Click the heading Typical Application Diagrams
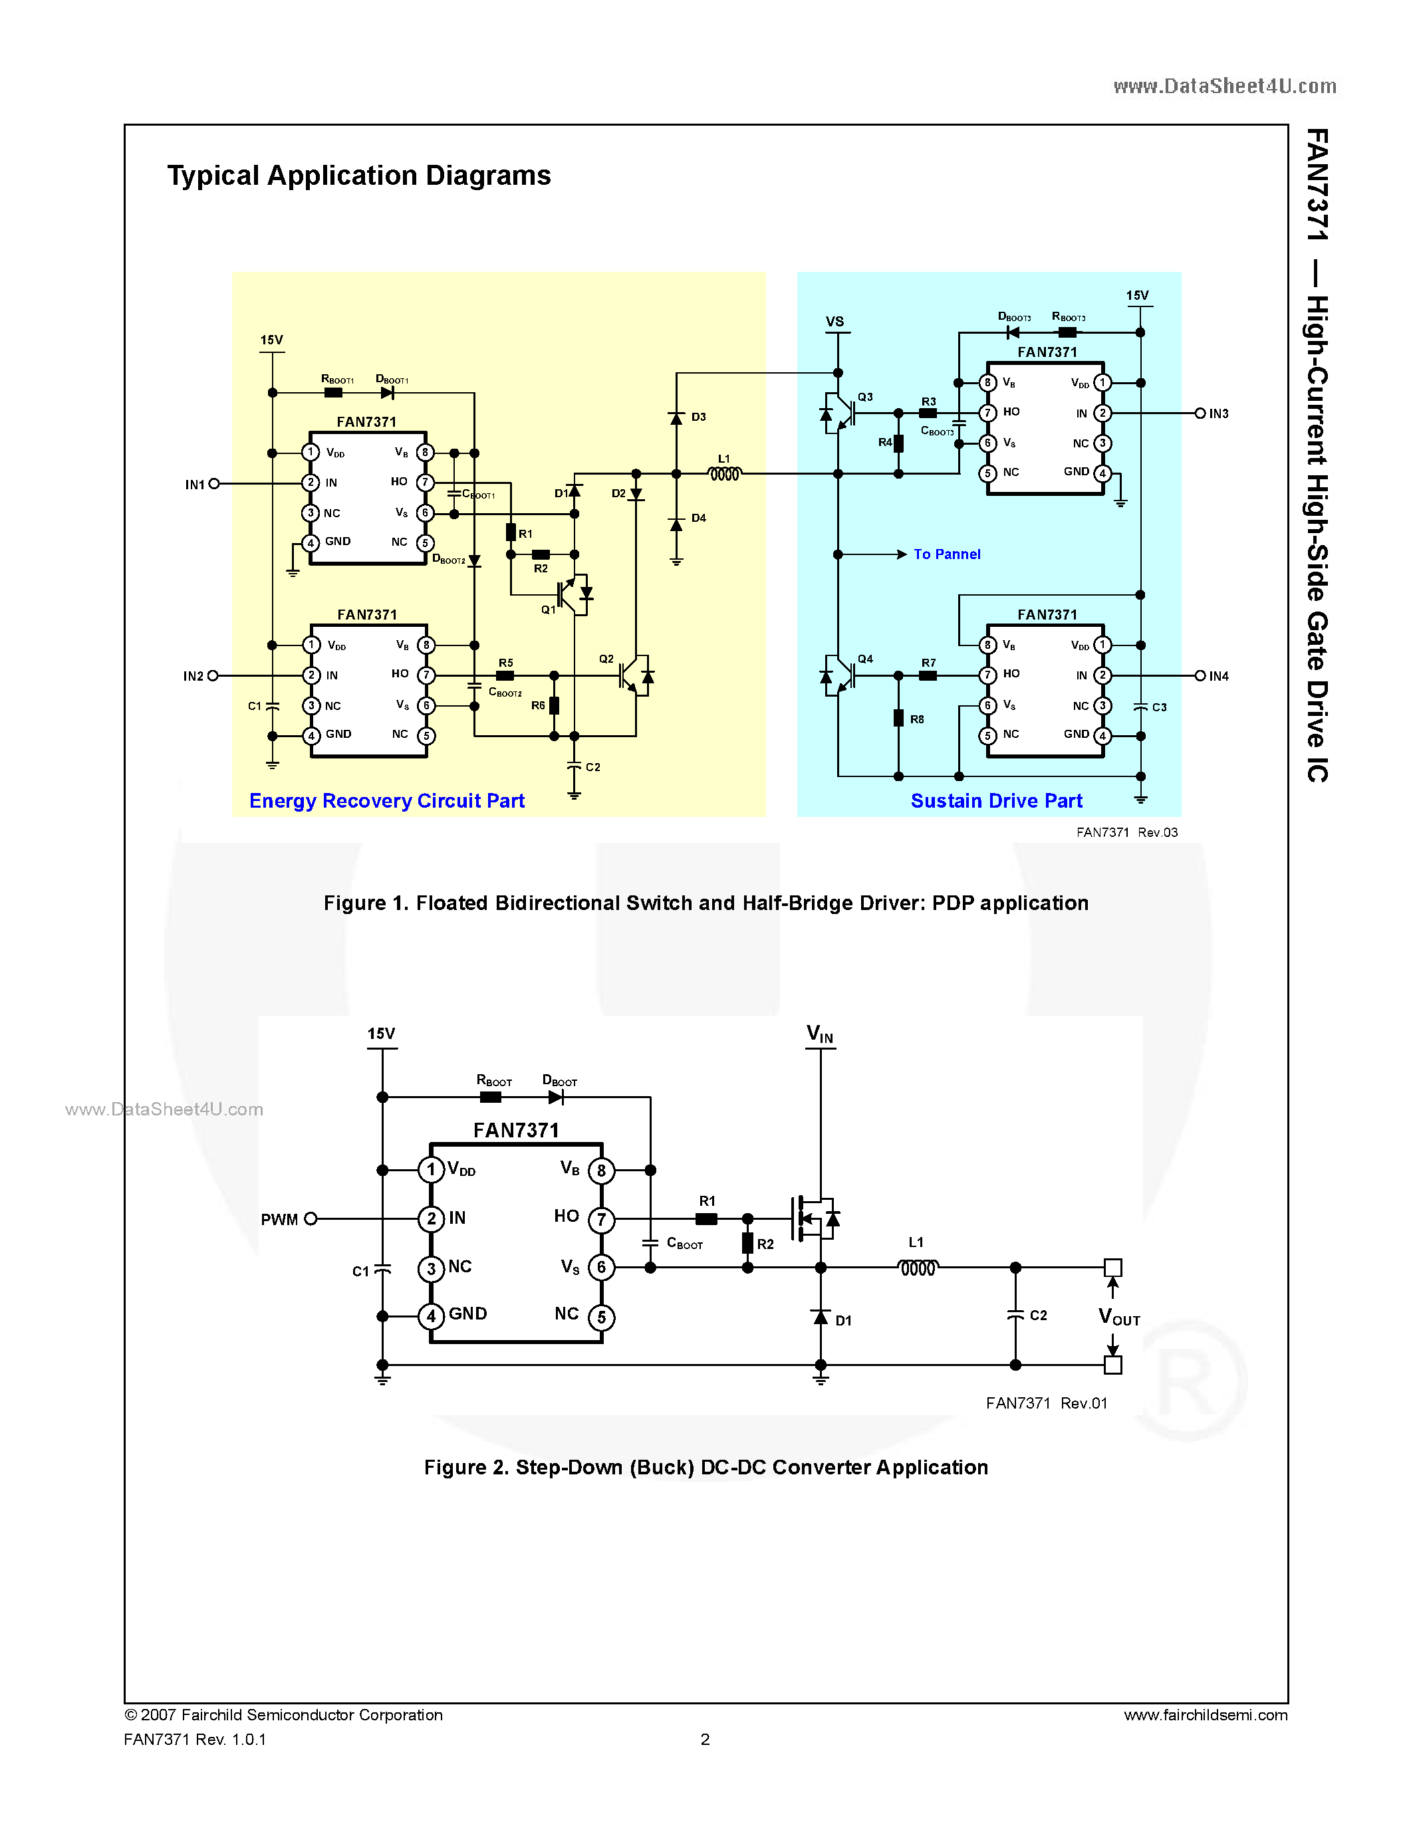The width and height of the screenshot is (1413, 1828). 358,175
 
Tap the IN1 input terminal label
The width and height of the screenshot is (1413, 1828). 194,485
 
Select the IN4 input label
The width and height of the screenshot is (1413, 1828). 1219,676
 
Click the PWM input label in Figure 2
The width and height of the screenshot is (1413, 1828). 279,1220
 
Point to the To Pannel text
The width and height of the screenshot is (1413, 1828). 947,554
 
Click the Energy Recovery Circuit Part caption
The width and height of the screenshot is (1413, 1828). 387,801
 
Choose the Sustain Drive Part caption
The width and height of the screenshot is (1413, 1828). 996,801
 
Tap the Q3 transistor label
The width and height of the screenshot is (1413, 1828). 866,397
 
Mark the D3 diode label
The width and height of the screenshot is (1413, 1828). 699,417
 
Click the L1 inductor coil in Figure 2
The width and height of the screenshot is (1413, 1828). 918,1268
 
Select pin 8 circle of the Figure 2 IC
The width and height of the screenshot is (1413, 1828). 601,1170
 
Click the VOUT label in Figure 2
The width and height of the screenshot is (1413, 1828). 1119,1317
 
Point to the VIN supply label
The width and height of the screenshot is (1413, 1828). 819,1034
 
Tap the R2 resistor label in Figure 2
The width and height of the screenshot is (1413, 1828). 765,1244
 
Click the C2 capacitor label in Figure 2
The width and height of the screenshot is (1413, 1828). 1038,1315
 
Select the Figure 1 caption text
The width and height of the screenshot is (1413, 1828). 706,903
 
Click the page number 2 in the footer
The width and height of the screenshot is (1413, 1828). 705,1740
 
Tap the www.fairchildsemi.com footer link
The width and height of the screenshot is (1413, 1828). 1206,1715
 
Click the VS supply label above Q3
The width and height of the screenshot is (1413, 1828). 835,322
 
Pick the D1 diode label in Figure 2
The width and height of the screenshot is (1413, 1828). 843,1321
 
